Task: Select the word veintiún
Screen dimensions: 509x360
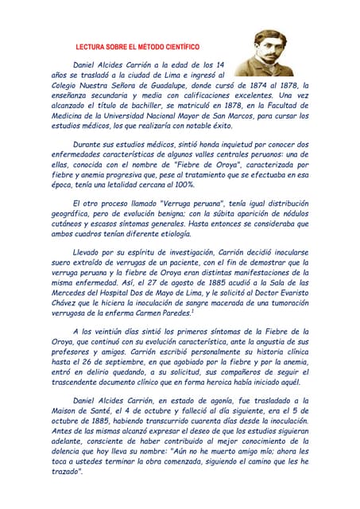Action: click(x=106, y=334)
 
